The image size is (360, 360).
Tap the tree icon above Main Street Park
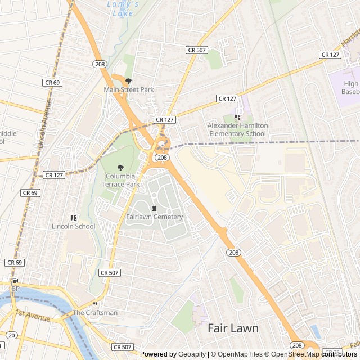coord(128,81)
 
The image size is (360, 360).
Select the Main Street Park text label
coord(128,89)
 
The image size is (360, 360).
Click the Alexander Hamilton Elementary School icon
coord(237,118)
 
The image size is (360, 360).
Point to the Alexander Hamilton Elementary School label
coord(237,130)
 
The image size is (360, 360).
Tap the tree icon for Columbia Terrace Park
coord(120,168)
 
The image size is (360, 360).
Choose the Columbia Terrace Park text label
coord(122,180)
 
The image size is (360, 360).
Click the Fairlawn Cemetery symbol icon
coord(154,209)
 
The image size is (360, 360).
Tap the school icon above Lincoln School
coord(73,218)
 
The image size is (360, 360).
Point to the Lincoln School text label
coord(73,227)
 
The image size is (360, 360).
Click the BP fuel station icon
coord(15,281)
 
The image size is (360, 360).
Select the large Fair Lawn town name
coord(233,328)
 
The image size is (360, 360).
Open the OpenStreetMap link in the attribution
coord(296,354)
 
